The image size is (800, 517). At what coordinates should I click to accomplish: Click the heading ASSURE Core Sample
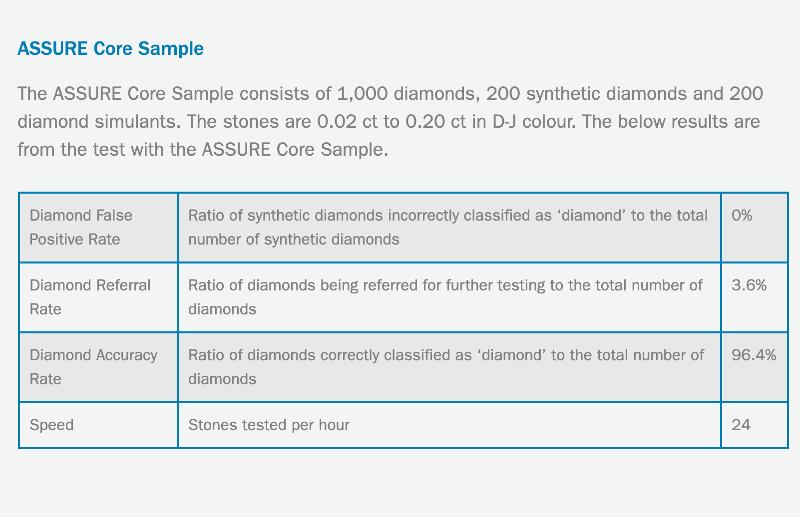tap(111, 48)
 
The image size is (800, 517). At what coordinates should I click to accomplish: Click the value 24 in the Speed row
tap(741, 425)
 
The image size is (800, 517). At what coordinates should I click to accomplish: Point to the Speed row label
tap(51, 425)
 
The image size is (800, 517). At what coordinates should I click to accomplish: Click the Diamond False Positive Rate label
tap(81, 227)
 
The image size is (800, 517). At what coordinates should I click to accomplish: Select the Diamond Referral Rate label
tap(90, 297)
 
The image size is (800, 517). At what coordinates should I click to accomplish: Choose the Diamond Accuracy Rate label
tap(93, 367)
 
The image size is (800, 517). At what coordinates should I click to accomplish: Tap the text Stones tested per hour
tap(269, 425)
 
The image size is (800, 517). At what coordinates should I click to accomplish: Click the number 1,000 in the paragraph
tap(362, 94)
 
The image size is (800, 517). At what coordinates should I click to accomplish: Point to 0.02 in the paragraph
tap(337, 122)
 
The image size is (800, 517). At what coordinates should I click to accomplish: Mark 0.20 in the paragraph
tap(425, 122)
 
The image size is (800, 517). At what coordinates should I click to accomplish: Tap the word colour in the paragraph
tap(549, 122)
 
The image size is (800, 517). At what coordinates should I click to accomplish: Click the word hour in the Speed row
tap(334, 425)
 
